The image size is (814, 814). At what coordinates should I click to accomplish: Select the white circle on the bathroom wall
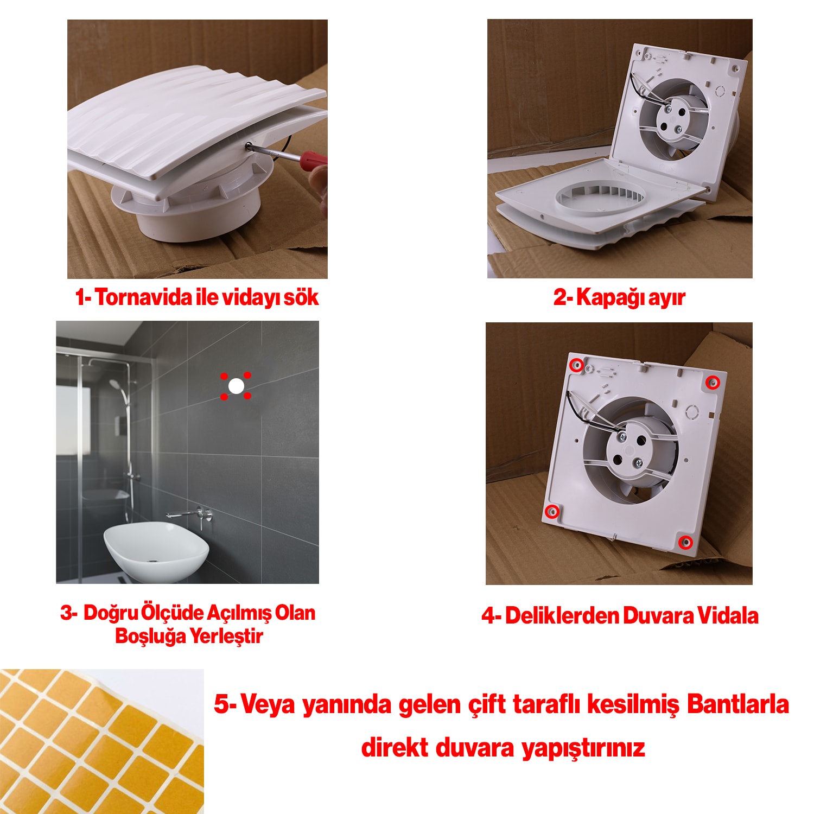click(x=236, y=386)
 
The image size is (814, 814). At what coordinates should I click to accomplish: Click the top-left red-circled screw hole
click(x=577, y=365)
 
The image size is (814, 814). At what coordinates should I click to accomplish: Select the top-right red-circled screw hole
click(x=713, y=383)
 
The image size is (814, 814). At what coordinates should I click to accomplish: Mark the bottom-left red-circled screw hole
click(x=552, y=511)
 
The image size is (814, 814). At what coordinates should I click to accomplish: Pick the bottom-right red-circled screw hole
click(x=686, y=542)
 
